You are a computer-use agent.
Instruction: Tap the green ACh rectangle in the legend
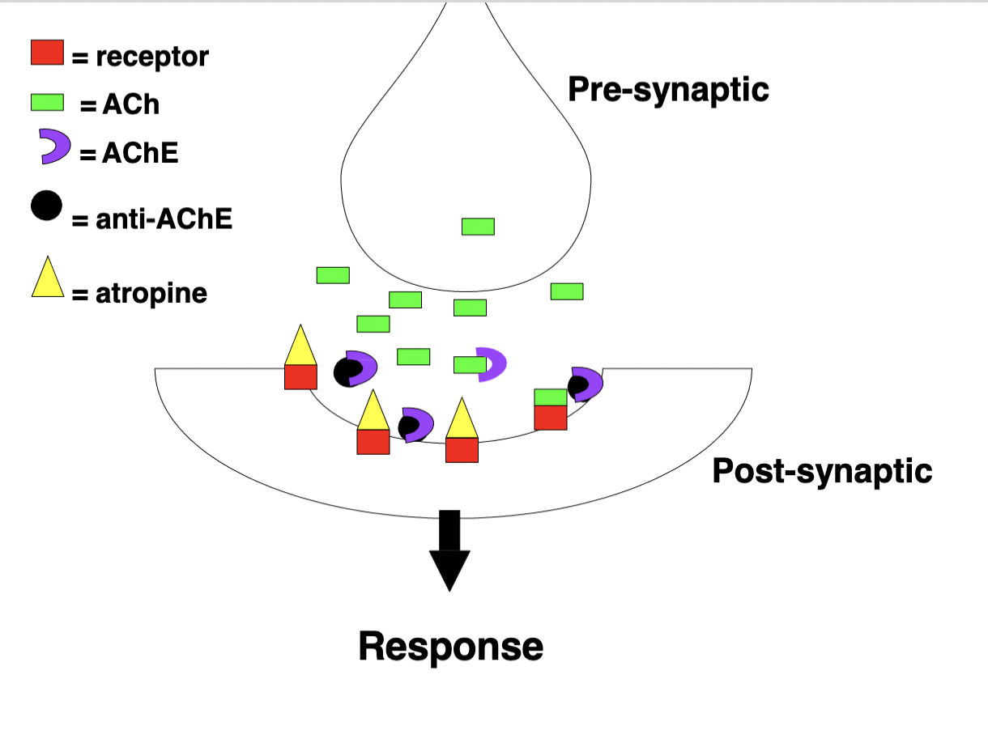tap(47, 102)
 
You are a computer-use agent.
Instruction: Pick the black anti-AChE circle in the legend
tap(47, 206)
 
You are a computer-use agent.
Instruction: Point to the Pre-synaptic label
tap(668, 89)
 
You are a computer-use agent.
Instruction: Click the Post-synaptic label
tap(822, 470)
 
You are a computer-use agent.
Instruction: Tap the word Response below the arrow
tap(450, 647)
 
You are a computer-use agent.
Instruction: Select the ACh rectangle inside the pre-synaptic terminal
tap(478, 227)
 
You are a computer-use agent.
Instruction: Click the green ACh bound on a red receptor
tap(551, 397)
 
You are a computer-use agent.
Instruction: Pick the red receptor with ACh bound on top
tap(551, 418)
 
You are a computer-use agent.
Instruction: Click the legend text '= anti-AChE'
tap(152, 219)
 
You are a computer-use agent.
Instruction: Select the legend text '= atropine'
tap(139, 294)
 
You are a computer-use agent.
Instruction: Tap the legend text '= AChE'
tap(129, 153)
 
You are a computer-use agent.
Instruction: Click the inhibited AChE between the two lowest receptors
tap(416, 424)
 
